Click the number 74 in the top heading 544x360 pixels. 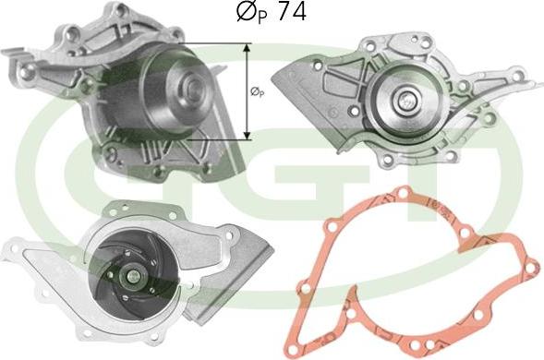pyautogui.click(x=292, y=11)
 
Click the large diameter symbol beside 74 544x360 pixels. pyautogui.click(x=247, y=11)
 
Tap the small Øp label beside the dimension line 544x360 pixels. pyautogui.click(x=257, y=92)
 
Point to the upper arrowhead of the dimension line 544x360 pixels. pyautogui.click(x=247, y=48)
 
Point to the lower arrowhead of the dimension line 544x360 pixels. pyautogui.click(x=247, y=136)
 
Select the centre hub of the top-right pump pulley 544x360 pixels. pyautogui.click(x=405, y=101)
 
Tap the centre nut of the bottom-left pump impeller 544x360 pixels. pyautogui.click(x=133, y=276)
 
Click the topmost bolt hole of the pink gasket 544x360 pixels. pyautogui.click(x=403, y=193)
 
